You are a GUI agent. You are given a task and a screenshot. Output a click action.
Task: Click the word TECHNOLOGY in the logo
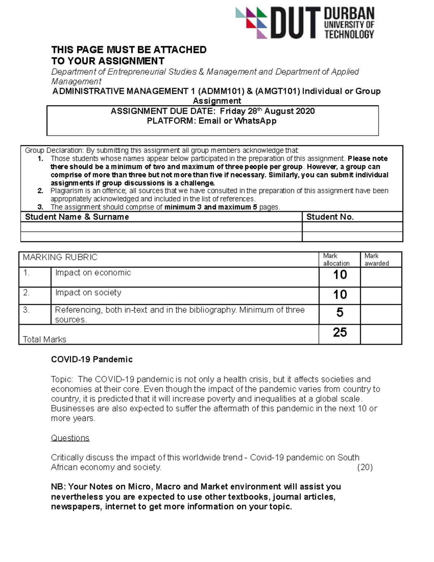[x=349, y=34]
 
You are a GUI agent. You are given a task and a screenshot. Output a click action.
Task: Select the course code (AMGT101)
[x=277, y=91]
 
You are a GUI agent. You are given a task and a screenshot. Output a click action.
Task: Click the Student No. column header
[x=330, y=217]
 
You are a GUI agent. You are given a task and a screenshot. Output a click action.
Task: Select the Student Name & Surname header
[x=77, y=217]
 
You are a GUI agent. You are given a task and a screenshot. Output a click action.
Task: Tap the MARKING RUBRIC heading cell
[x=60, y=257]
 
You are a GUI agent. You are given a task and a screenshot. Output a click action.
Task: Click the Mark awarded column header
[x=376, y=259]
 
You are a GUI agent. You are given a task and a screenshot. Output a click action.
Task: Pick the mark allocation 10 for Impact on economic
[x=340, y=275]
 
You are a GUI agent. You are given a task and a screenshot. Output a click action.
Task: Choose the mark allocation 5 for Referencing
[x=340, y=312]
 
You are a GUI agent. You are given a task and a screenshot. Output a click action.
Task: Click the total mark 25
[x=340, y=332]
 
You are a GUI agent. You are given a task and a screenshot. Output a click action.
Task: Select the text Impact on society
[x=88, y=292]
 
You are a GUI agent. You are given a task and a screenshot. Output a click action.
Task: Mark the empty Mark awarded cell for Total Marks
[x=381, y=334]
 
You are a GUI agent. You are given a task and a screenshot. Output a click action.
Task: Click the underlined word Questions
[x=70, y=438]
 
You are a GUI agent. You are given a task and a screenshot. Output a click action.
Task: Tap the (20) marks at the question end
[x=365, y=467]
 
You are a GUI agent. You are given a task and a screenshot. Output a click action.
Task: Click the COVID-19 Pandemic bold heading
[x=92, y=359]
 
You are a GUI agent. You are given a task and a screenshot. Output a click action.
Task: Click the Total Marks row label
[x=44, y=339]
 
